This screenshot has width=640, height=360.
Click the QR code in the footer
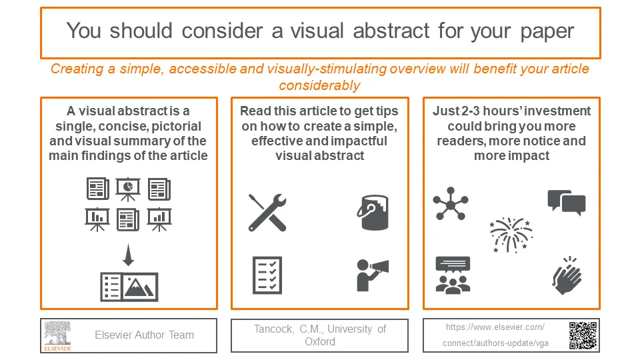coord(582,335)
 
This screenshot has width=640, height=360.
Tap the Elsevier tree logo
coord(57,335)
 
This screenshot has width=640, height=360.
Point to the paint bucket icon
coord(373,213)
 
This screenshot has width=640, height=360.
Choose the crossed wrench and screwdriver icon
coord(267,212)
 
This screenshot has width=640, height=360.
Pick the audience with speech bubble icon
coord(452,275)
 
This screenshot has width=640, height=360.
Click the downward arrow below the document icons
coord(129,254)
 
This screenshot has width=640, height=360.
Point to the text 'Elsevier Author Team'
coord(144,335)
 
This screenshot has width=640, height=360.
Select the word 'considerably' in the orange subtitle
coord(319,85)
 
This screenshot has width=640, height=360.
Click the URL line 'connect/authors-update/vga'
coord(496,343)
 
